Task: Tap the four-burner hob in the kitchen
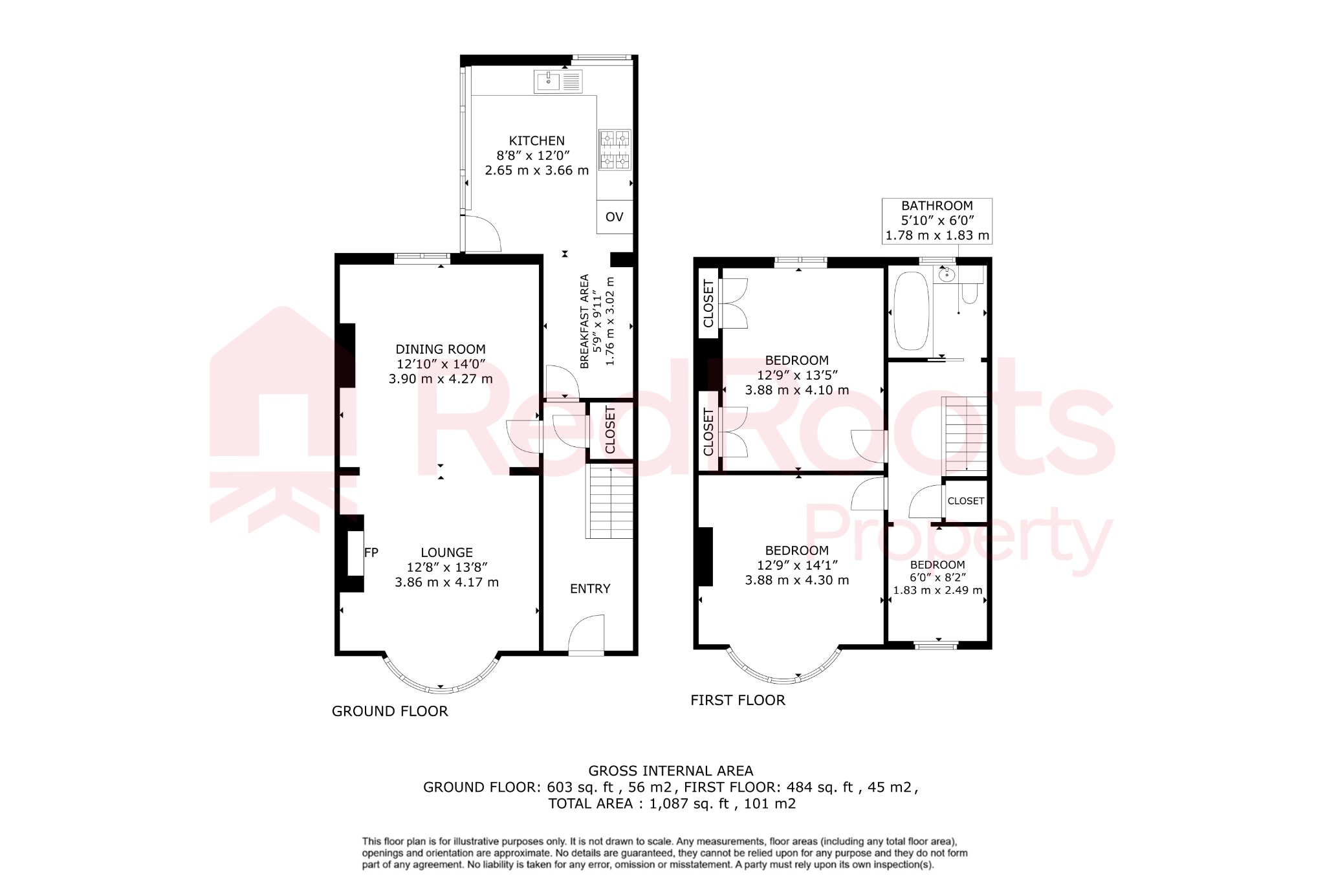pyautogui.click(x=614, y=149)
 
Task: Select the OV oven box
pyautogui.click(x=614, y=217)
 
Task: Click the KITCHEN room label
pyautogui.click(x=536, y=141)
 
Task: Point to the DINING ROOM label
pyautogui.click(x=441, y=349)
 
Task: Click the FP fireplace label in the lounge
pyautogui.click(x=371, y=552)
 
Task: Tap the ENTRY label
pyautogui.click(x=590, y=589)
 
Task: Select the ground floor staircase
pyautogui.click(x=609, y=503)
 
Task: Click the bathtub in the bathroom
pyautogui.click(x=911, y=311)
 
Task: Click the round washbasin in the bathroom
pyautogui.click(x=947, y=275)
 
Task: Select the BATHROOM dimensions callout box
pyautogui.click(x=937, y=221)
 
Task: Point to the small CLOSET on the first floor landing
pyautogui.click(x=965, y=501)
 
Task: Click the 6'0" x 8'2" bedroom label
pyautogui.click(x=937, y=577)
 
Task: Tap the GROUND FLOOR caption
pyautogui.click(x=389, y=712)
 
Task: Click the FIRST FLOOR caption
pyautogui.click(x=738, y=701)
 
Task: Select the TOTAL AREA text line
pyautogui.click(x=672, y=804)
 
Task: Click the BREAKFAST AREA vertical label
pyautogui.click(x=585, y=322)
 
